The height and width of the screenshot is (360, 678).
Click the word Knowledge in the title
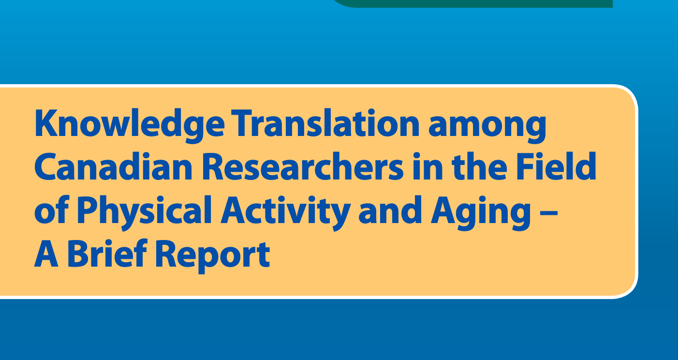[130, 125]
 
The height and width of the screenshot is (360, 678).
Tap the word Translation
[325, 123]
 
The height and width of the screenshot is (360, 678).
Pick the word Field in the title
[556, 166]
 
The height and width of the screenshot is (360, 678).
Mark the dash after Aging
[548, 213]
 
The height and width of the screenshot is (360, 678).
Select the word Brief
[107, 253]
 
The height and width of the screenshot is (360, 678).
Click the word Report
[212, 256]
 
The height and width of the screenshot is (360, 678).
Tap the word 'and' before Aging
[390, 210]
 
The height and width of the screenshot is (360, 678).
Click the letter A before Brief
[46, 253]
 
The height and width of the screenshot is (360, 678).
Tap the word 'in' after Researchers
[427, 166]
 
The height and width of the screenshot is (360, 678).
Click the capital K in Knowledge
[46, 123]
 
